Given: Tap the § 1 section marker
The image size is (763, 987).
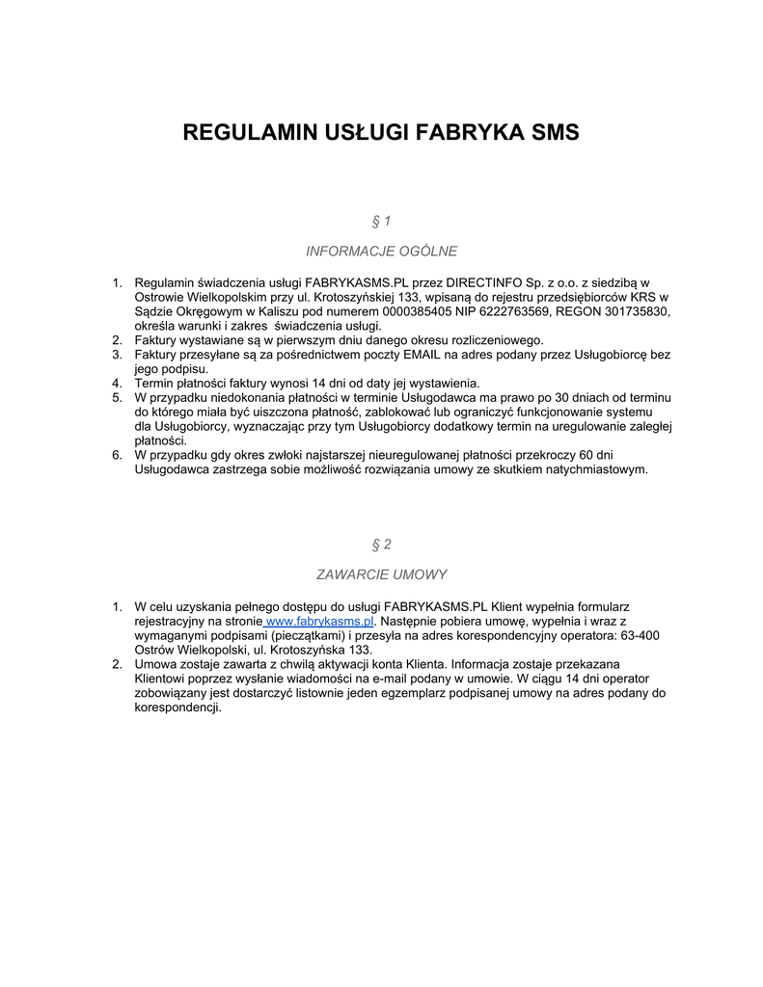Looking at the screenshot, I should [x=381, y=222].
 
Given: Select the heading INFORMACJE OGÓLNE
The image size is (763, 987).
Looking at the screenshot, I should [x=381, y=252].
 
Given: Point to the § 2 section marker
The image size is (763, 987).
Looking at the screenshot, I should [x=381, y=545].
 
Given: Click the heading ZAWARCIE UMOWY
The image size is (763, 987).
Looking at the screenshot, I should [x=381, y=574].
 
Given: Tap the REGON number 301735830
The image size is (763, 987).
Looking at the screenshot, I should [x=637, y=311].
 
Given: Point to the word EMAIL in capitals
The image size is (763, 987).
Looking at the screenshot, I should [x=422, y=355].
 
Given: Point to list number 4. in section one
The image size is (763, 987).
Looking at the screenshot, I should [x=117, y=384].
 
